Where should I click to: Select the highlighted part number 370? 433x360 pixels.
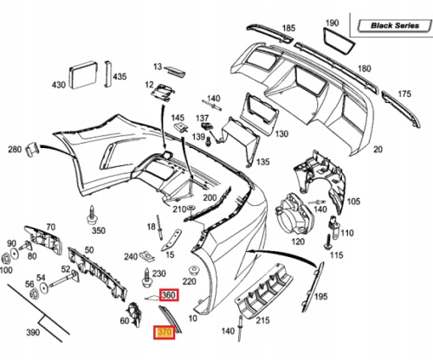pyautogui.click(x=164, y=332)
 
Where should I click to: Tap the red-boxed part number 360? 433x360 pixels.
pyautogui.click(x=169, y=295)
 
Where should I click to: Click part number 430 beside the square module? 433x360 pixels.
pyautogui.click(x=59, y=85)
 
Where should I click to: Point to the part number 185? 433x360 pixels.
pyautogui.click(x=288, y=28)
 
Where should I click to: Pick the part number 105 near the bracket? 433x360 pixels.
pyautogui.click(x=353, y=201)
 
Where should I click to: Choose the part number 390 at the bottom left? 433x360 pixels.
pyautogui.click(x=33, y=332)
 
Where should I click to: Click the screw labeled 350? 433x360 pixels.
pyautogui.click(x=92, y=215)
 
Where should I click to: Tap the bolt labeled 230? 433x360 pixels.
pyautogui.click(x=147, y=278)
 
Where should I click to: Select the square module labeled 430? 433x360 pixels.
pyautogui.click(x=83, y=74)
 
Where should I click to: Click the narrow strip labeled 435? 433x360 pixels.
pyautogui.click(x=107, y=74)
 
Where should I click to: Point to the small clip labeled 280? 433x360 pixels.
pyautogui.click(x=32, y=149)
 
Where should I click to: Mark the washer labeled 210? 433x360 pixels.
pyautogui.click(x=191, y=208)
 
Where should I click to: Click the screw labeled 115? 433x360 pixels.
pyautogui.click(x=328, y=242)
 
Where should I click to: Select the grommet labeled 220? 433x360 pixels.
pyautogui.click(x=195, y=271)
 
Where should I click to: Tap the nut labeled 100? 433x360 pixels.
pyautogui.click(x=5, y=259)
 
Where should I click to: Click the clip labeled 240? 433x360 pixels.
pyautogui.click(x=146, y=255)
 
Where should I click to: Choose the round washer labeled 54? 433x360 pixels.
pyautogui.click(x=43, y=287)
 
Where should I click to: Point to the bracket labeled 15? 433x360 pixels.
pyautogui.click(x=171, y=240)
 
